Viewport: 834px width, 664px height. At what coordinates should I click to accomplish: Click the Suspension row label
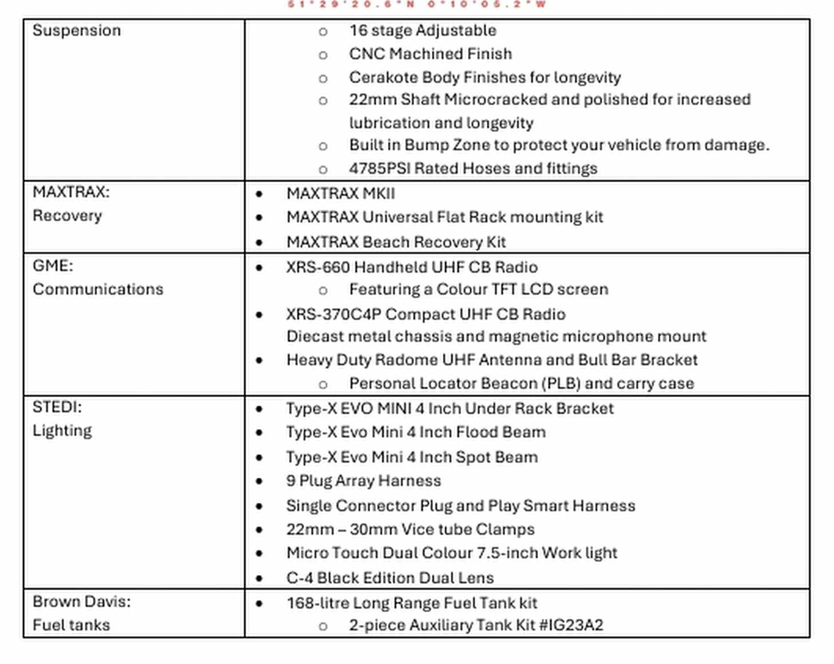click(77, 30)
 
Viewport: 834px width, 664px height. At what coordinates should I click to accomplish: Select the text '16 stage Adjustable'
click(422, 30)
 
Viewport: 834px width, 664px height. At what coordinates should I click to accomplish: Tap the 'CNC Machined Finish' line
click(430, 54)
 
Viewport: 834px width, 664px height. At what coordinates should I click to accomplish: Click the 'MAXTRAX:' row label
click(71, 192)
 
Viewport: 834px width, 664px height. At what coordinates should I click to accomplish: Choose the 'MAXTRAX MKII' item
click(340, 194)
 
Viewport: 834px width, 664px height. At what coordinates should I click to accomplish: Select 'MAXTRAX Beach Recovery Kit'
click(396, 242)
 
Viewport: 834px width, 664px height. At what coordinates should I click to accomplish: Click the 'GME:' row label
click(53, 266)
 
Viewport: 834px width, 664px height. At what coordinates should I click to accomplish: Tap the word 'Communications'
click(98, 289)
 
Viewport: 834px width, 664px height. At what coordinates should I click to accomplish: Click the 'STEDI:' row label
click(57, 407)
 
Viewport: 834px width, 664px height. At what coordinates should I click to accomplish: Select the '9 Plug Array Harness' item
click(363, 481)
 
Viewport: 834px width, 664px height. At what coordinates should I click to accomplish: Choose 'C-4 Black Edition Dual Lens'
click(390, 578)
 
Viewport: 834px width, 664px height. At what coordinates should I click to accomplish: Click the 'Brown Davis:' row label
click(81, 602)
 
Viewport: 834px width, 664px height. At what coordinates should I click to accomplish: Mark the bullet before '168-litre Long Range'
click(260, 603)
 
